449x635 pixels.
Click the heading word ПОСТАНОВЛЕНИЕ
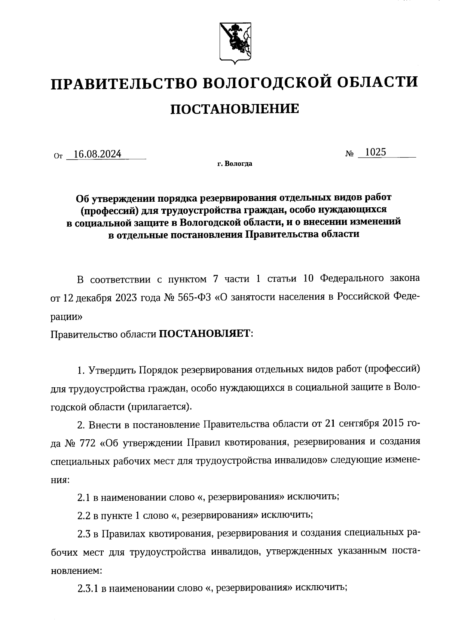coord(235,109)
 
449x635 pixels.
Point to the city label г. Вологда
coord(234,164)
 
